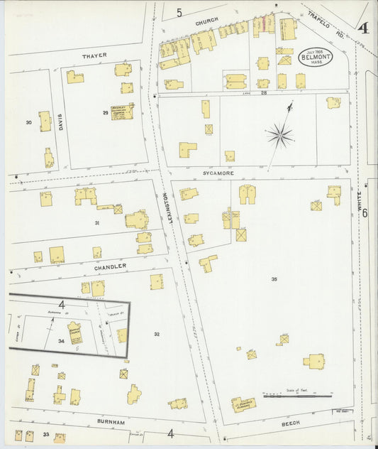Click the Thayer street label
click(x=94, y=55)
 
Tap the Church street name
click(x=207, y=22)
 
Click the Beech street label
click(x=291, y=423)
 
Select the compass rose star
click(x=281, y=134)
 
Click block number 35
click(x=274, y=279)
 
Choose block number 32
click(x=157, y=333)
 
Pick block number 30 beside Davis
click(x=29, y=122)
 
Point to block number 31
click(x=97, y=222)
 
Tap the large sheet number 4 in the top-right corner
click(x=362, y=28)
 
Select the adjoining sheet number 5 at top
click(x=179, y=12)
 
